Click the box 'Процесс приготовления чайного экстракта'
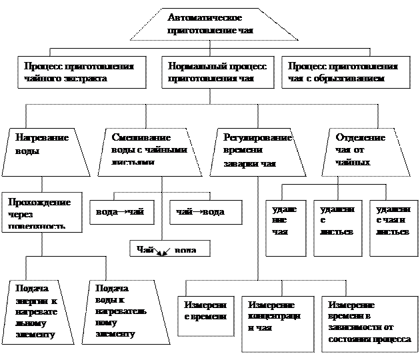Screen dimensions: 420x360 tap(81, 72)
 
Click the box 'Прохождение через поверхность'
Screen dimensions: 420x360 tap(41, 213)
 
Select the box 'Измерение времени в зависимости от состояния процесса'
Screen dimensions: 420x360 tap(370, 324)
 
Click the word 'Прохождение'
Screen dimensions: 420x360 tap(38, 202)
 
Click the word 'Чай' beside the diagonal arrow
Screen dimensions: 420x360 tap(146, 249)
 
